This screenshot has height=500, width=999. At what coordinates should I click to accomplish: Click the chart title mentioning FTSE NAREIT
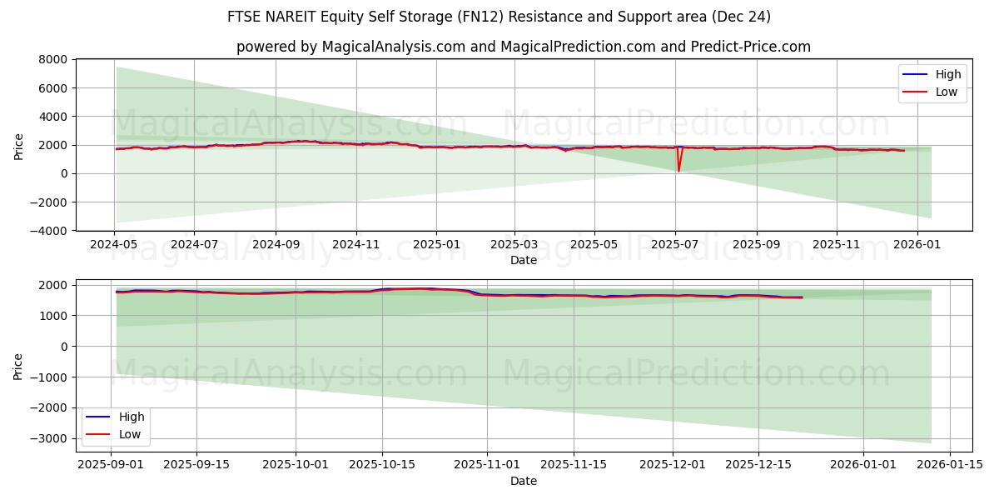pos(499,17)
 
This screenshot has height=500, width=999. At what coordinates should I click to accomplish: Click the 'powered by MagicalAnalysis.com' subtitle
pos(523,47)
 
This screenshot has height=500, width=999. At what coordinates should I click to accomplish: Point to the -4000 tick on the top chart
pos(50,231)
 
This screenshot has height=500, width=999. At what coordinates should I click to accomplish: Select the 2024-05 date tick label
pos(114,245)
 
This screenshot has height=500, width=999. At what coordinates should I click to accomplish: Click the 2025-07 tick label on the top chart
pos(675,245)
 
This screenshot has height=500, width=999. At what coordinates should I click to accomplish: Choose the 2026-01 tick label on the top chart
pos(917,245)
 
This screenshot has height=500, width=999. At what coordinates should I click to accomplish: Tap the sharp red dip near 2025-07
pos(678,170)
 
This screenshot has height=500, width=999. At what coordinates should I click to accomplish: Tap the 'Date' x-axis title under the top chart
pos(523,260)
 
